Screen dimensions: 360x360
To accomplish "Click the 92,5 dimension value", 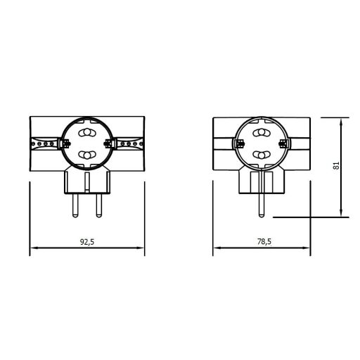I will pos(87,241).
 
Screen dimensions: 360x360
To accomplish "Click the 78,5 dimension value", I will pos(264,241).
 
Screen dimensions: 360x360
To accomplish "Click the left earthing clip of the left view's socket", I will pos(64,144).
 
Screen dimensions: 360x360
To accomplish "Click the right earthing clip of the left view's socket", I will pos(108,144).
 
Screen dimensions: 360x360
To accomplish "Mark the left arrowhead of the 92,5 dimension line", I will pos(32,247).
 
